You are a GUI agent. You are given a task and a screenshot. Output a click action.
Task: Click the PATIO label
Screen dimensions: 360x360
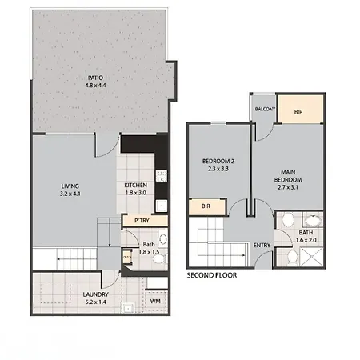[x=95, y=78]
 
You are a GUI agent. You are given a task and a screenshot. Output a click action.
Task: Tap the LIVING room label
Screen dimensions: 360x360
[x=70, y=186]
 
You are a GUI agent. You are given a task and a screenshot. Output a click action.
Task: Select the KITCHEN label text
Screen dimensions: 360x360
[x=135, y=185]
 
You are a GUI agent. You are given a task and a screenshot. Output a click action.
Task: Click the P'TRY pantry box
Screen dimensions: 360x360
[x=145, y=221]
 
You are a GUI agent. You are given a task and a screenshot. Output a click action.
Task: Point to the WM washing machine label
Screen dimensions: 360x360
[x=155, y=301]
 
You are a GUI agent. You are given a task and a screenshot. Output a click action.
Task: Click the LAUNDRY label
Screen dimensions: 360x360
[x=95, y=294]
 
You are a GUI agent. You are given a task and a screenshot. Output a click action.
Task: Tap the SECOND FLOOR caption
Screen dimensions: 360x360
[x=212, y=275]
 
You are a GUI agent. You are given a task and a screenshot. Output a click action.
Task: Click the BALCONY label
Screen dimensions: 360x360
[x=265, y=109]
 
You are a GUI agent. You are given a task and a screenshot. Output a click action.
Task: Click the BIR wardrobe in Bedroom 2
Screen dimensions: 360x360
[x=207, y=207]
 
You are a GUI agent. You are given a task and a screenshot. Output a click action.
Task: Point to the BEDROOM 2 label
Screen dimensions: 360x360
[x=218, y=161]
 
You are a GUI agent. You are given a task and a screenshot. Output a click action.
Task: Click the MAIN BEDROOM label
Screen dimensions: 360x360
[x=288, y=176]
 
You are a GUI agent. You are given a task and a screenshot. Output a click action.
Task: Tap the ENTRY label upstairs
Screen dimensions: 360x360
[x=262, y=245]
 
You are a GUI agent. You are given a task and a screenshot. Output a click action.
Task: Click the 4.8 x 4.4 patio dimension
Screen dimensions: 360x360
[x=95, y=86]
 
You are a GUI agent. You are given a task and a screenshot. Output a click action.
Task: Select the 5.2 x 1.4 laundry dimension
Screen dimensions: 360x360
[x=95, y=302]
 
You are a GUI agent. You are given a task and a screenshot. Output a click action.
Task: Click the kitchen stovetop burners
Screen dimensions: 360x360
[x=161, y=176]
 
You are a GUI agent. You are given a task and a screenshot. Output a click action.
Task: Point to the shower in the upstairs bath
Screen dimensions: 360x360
[x=311, y=257]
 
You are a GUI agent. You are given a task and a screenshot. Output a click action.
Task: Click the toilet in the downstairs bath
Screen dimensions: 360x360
[x=160, y=258]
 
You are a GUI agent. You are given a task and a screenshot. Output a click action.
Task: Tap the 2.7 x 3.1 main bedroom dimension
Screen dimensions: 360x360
[x=288, y=187]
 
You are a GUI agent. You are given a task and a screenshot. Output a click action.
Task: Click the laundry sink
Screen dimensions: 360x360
[x=128, y=307]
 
